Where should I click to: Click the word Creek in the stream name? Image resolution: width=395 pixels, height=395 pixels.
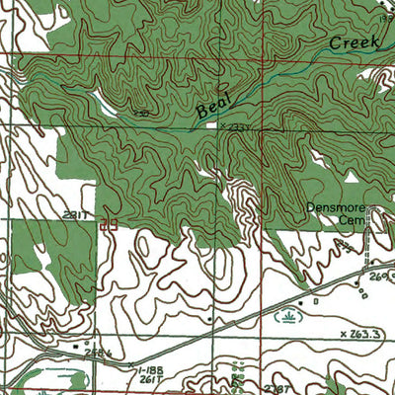(350, 42)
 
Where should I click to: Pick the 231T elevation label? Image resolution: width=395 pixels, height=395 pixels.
(77, 214)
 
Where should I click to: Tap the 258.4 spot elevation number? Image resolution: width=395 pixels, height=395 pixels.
(96, 351)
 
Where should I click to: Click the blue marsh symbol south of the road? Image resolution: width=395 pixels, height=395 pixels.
(286, 317)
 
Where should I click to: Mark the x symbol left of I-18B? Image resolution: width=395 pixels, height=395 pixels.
(131, 364)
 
